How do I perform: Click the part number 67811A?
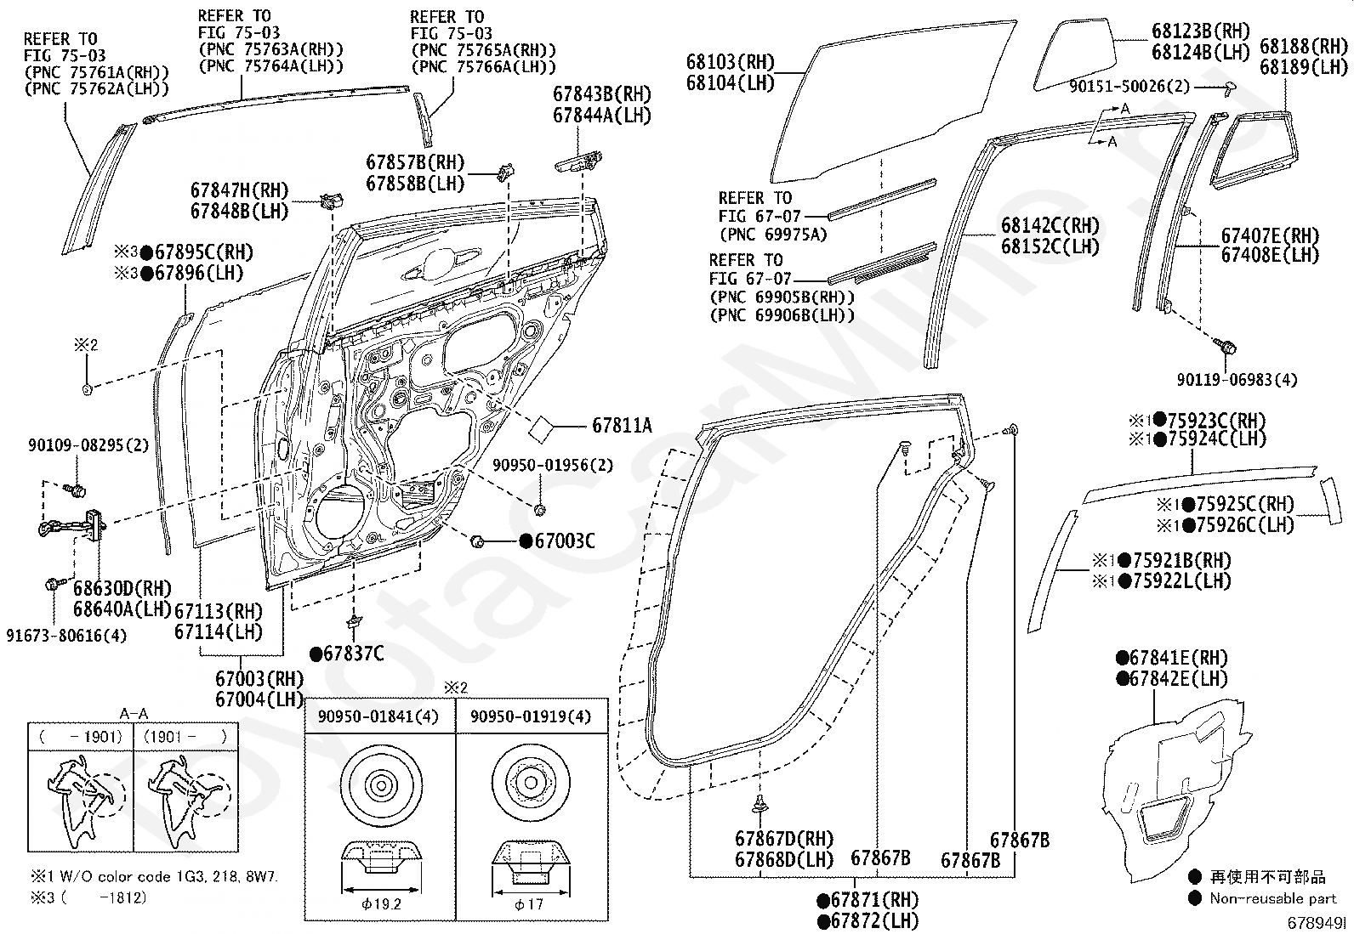(x=622, y=426)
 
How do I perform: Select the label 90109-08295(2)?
(x=88, y=445)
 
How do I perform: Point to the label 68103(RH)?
(x=731, y=62)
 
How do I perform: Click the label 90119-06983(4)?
(x=1237, y=380)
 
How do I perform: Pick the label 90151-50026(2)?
(x=1129, y=87)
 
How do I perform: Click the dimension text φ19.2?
(x=381, y=903)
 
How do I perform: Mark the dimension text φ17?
(x=529, y=903)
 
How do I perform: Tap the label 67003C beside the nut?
(x=565, y=541)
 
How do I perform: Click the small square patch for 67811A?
(x=541, y=429)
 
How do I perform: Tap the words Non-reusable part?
(x=1273, y=898)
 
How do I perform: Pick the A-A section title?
(x=134, y=714)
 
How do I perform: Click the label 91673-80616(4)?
(x=66, y=636)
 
